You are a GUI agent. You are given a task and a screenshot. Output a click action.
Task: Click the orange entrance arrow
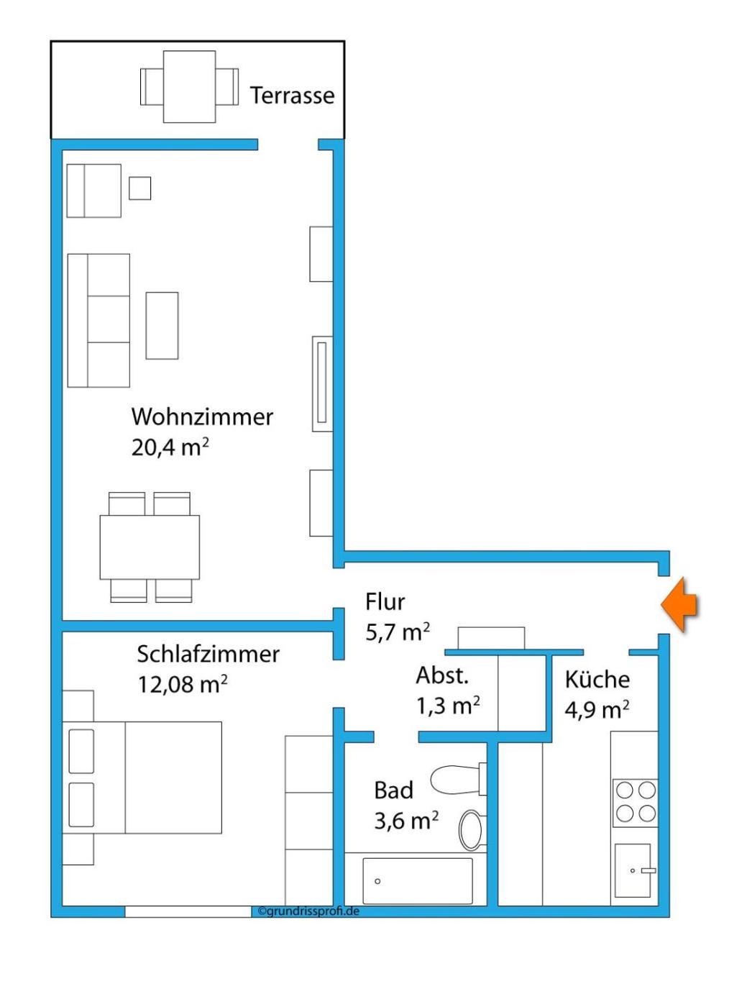(679, 605)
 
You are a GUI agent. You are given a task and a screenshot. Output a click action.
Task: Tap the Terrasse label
(292, 95)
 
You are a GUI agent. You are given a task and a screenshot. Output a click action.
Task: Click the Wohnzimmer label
(202, 416)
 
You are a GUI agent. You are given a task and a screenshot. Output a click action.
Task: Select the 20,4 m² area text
(170, 447)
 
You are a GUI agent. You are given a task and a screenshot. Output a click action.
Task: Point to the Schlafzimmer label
(208, 654)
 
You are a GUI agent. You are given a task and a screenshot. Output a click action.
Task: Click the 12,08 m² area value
(182, 685)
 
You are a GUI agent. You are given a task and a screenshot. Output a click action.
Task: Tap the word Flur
(385, 602)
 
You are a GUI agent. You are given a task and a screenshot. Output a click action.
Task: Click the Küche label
(597, 679)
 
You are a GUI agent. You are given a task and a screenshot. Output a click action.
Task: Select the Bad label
(394, 790)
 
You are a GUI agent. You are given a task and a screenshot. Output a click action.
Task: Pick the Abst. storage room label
(442, 675)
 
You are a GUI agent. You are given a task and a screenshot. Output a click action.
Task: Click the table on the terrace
(189, 86)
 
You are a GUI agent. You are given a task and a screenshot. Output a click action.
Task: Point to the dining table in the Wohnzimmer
(150, 547)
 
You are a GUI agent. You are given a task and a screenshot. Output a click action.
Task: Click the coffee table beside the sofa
(162, 325)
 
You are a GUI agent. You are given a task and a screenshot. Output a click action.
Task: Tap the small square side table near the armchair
(139, 188)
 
